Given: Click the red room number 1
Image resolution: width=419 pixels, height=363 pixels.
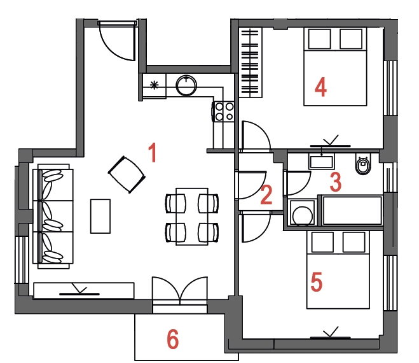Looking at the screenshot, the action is (153, 152).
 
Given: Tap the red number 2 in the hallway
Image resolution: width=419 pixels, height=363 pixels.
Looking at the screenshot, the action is (266, 195).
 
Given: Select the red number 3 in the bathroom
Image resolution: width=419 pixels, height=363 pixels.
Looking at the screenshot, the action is (335, 182).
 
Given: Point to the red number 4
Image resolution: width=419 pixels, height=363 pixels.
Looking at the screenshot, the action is (320, 87).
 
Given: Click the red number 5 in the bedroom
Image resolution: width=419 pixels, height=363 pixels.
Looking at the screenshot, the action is (317, 281).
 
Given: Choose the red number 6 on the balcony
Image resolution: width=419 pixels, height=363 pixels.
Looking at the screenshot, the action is (173, 339).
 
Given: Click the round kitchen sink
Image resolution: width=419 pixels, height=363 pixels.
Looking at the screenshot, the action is (186, 86).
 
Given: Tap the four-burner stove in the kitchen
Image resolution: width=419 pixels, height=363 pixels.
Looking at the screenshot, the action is (224, 111).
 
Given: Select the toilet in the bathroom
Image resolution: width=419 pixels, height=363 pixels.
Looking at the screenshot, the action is (363, 164).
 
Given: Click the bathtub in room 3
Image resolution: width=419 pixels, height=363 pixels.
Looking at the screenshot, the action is (352, 210).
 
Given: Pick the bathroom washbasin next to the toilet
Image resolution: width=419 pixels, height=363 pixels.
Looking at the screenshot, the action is (321, 161).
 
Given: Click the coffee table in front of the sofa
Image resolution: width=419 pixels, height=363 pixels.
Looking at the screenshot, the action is (100, 216).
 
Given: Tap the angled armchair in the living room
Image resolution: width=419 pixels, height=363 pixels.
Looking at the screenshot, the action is (127, 174).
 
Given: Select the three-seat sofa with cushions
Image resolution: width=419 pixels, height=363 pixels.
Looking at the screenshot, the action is (53, 217).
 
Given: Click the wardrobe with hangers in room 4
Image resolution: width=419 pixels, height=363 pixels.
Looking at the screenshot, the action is (251, 62).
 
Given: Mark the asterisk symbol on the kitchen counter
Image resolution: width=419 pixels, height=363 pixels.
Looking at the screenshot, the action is (155, 85).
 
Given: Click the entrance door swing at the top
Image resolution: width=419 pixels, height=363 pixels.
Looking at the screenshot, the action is (117, 41).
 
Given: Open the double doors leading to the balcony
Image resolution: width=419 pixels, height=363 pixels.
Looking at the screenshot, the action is (180, 291).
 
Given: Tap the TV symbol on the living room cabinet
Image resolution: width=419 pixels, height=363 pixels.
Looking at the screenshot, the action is (79, 291).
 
